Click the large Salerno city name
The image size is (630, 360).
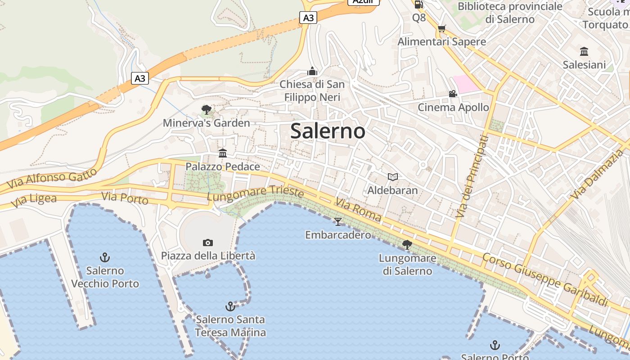pyautogui.click(x=328, y=131)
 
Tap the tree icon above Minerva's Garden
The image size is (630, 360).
pyautogui.click(x=207, y=109)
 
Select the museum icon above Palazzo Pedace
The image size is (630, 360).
pyautogui.click(x=223, y=153)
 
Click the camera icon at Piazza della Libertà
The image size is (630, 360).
pyautogui.click(x=207, y=243)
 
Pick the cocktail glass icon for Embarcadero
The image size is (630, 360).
pyautogui.click(x=338, y=221)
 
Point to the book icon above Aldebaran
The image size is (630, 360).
pyautogui.click(x=393, y=177)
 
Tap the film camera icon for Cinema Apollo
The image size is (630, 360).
pyautogui.click(x=453, y=94)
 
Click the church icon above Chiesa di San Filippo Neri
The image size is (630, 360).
pyautogui.click(x=312, y=71)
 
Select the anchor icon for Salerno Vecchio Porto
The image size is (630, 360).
pyautogui.click(x=105, y=257)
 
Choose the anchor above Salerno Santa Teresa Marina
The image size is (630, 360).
pyautogui.click(x=230, y=306)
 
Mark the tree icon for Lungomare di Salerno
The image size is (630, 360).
pyautogui.click(x=407, y=244)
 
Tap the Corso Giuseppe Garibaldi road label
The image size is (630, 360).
pyautogui.click(x=545, y=279)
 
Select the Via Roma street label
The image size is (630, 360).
pyautogui.click(x=358, y=210)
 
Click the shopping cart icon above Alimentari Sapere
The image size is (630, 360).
pyautogui.click(x=441, y=28)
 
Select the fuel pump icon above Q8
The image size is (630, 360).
pyautogui.click(x=418, y=5)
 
